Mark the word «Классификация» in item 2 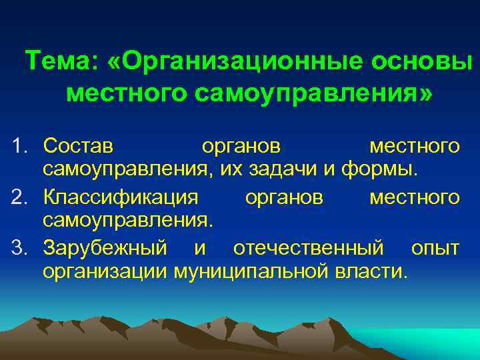[x=121, y=197]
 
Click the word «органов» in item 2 [x=285, y=197]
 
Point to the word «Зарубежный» [x=105, y=249]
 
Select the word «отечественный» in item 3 [x=309, y=249]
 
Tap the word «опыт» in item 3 [x=435, y=249]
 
